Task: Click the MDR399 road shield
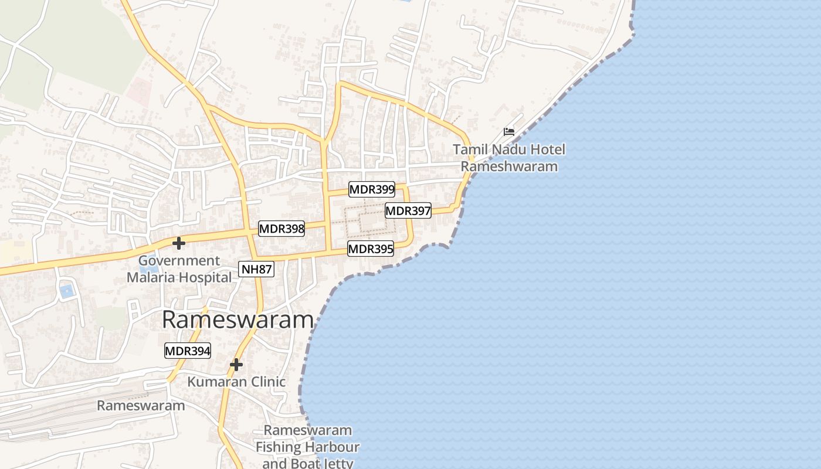pyautogui.click(x=372, y=189)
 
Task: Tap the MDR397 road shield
pyautogui.click(x=408, y=210)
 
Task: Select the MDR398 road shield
pyautogui.click(x=281, y=229)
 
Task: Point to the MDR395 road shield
pyautogui.click(x=371, y=249)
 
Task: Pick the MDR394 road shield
pyautogui.click(x=188, y=351)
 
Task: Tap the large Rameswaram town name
pyautogui.click(x=238, y=320)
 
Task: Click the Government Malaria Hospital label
pyautogui.click(x=179, y=269)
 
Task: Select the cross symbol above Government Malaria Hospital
pyautogui.click(x=179, y=243)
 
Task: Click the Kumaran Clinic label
pyautogui.click(x=236, y=382)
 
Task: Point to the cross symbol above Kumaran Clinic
pyautogui.click(x=236, y=365)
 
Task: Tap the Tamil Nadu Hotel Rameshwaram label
pyautogui.click(x=509, y=158)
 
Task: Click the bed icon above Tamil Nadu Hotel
pyautogui.click(x=509, y=132)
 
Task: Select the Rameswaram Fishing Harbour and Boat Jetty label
pyautogui.click(x=307, y=447)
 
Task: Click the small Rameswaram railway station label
pyautogui.click(x=141, y=405)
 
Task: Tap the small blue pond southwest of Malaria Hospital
pyautogui.click(x=67, y=290)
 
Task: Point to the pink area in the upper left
pyautogui.click(x=140, y=91)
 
